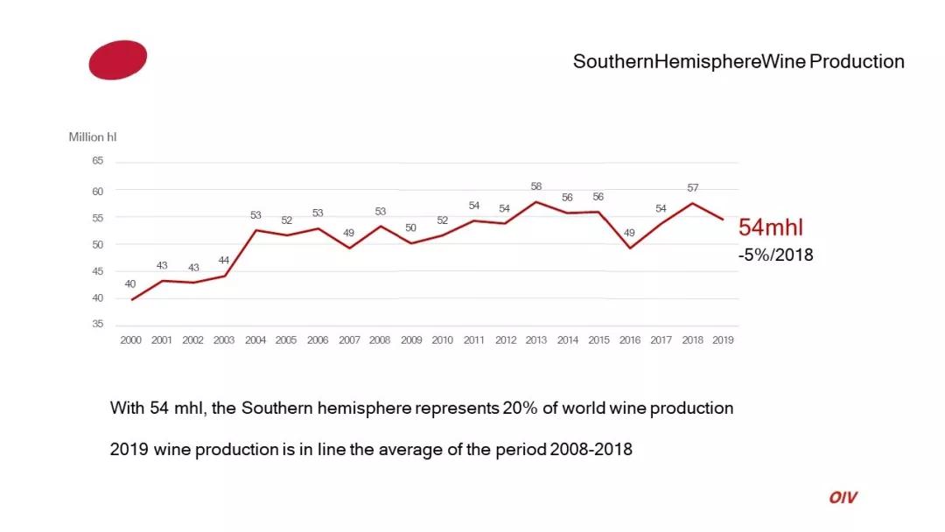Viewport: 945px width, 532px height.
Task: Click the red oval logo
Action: pyautogui.click(x=117, y=59)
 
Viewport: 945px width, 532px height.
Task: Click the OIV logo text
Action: pyautogui.click(x=843, y=497)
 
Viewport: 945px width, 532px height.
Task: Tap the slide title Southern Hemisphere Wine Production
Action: pyautogui.click(x=738, y=61)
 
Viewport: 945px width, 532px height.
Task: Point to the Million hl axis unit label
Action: pyautogui.click(x=93, y=137)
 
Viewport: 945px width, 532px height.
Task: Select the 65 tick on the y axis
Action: pyautogui.click(x=97, y=161)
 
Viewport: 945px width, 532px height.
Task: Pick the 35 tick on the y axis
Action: pyautogui.click(x=97, y=325)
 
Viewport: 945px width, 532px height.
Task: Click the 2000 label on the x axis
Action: pyautogui.click(x=130, y=340)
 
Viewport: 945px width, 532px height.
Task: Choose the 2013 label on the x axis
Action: pyautogui.click(x=536, y=340)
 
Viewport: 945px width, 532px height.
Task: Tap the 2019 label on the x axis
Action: pyautogui.click(x=723, y=340)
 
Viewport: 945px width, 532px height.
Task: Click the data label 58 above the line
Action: pyautogui.click(x=536, y=186)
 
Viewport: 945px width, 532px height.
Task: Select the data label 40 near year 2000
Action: pyautogui.click(x=130, y=283)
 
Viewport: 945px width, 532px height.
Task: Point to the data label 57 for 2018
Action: pyautogui.click(x=693, y=188)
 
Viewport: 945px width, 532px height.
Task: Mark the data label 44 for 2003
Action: pyautogui.click(x=224, y=261)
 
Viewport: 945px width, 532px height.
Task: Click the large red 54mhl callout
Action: pyautogui.click(x=771, y=227)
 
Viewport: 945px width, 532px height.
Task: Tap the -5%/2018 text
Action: pyautogui.click(x=775, y=255)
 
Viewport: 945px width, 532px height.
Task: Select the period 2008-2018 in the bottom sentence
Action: pyautogui.click(x=591, y=450)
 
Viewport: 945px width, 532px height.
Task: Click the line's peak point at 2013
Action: pyautogui.click(x=536, y=202)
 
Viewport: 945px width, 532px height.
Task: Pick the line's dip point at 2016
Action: pyautogui.click(x=630, y=248)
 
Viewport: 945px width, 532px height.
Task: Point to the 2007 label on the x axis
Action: pyautogui.click(x=349, y=340)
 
